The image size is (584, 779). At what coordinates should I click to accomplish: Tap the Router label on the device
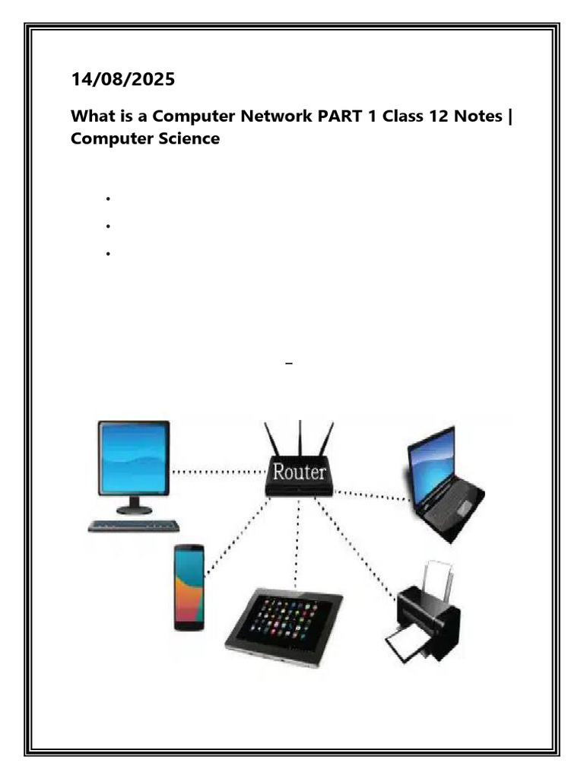(x=300, y=473)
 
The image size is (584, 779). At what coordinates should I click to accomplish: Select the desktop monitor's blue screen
(x=134, y=459)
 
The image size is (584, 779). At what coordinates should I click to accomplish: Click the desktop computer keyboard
(x=134, y=526)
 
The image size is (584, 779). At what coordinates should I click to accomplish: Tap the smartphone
(x=189, y=587)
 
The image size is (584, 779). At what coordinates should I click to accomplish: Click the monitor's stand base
(x=134, y=510)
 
